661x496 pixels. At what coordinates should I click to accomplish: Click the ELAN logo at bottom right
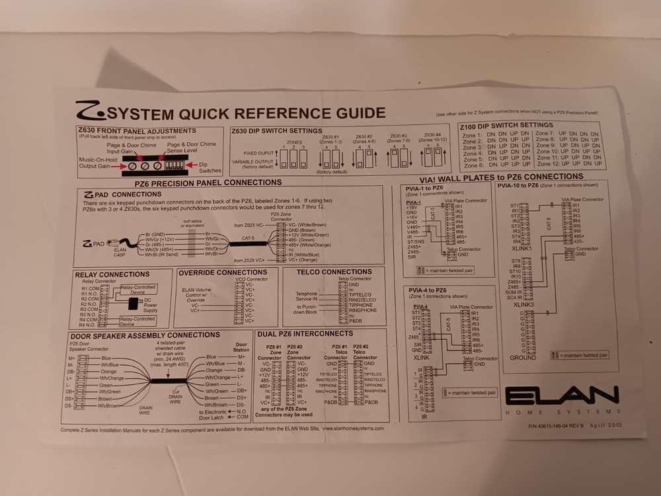pos(562,398)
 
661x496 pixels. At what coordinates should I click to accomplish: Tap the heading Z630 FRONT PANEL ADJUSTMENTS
pos(136,131)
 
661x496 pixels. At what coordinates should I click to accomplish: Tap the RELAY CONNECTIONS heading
pos(112,274)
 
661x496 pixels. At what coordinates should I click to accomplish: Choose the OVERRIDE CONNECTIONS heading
pos(223,272)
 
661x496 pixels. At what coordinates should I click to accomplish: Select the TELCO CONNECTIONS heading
pos(334,272)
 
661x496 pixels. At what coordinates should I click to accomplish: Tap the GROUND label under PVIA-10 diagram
pos(524,358)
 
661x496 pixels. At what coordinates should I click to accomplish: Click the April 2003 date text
pos(606,425)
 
